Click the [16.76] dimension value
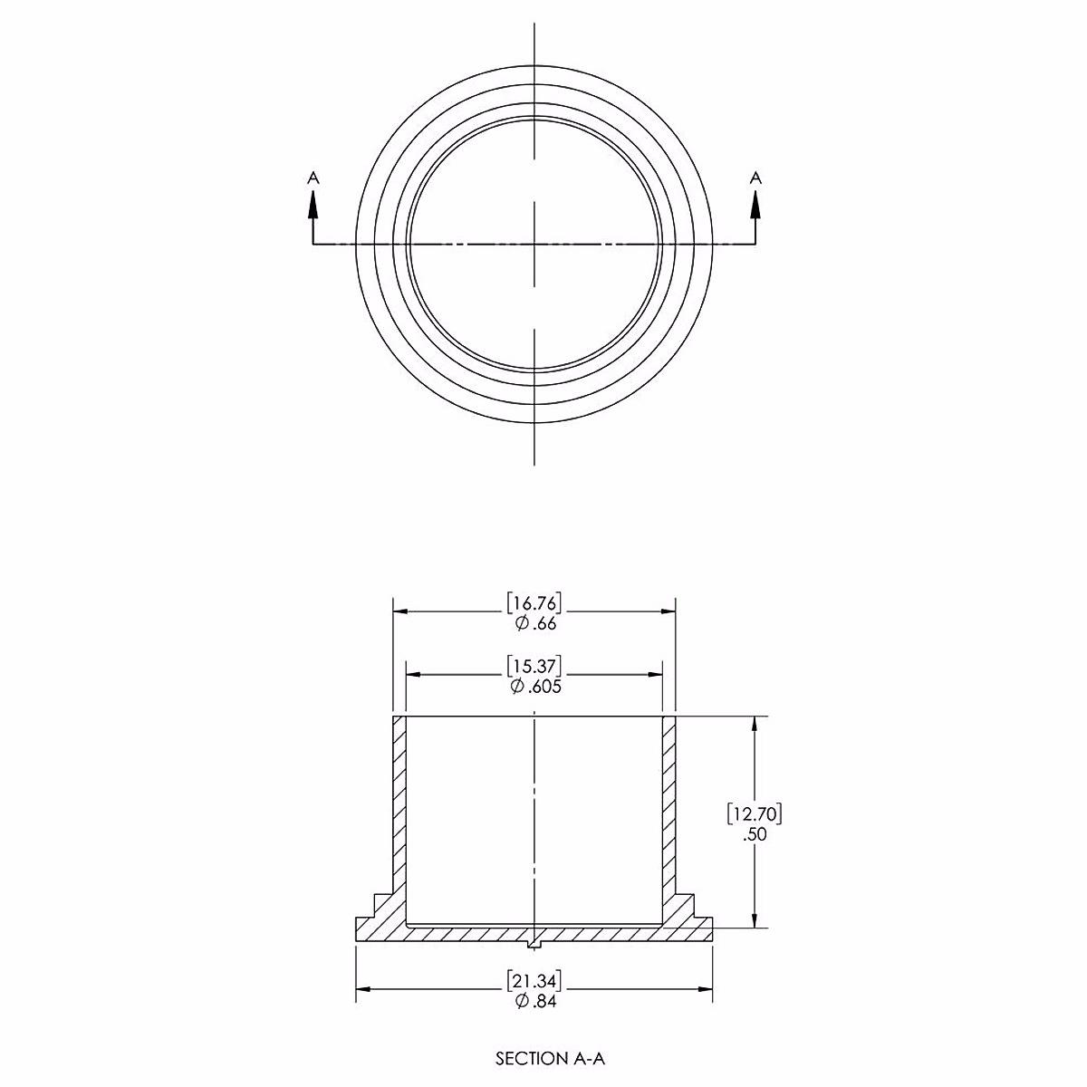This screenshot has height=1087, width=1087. click(x=534, y=603)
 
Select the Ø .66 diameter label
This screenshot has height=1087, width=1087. click(x=535, y=624)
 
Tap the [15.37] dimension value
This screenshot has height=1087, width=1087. click(x=534, y=666)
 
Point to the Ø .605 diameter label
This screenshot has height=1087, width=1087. click(x=535, y=687)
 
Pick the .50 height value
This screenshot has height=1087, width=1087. click(x=755, y=834)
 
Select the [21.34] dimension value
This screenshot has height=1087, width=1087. click(x=534, y=981)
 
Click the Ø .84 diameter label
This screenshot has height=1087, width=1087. click(x=535, y=1001)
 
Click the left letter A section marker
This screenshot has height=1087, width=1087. click(x=313, y=178)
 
